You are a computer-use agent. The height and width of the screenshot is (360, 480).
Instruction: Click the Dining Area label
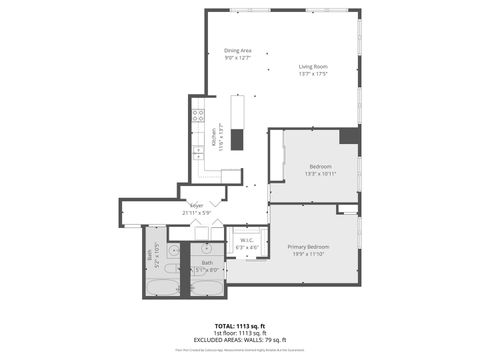(237, 50)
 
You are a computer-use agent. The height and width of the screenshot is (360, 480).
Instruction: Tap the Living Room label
(313, 66)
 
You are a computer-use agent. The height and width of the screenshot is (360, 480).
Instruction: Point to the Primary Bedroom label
(308, 246)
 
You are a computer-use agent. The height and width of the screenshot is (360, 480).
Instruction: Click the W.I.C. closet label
(246, 240)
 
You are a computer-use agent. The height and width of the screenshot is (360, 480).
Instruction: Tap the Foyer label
(196, 206)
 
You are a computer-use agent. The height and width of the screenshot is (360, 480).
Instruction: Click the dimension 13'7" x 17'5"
(313, 74)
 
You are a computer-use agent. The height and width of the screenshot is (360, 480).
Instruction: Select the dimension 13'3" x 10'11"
(320, 174)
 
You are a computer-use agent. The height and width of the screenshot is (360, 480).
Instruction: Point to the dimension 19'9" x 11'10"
(308, 254)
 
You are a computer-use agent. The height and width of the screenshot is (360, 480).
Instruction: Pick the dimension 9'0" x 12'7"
(237, 58)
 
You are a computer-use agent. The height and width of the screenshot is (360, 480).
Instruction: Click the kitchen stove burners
(198, 115)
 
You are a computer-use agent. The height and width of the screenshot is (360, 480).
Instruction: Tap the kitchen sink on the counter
(198, 151)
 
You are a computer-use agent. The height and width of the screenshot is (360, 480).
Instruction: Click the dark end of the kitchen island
(237, 139)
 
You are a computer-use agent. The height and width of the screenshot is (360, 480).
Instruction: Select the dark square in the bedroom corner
(349, 136)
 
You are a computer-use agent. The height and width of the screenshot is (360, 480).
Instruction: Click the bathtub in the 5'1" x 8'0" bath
(207, 287)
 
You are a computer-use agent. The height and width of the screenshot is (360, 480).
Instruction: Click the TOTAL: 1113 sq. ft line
(240, 326)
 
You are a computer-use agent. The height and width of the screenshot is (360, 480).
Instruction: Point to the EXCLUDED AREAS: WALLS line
(240, 340)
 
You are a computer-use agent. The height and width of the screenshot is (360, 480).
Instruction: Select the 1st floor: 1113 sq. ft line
(240, 333)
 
